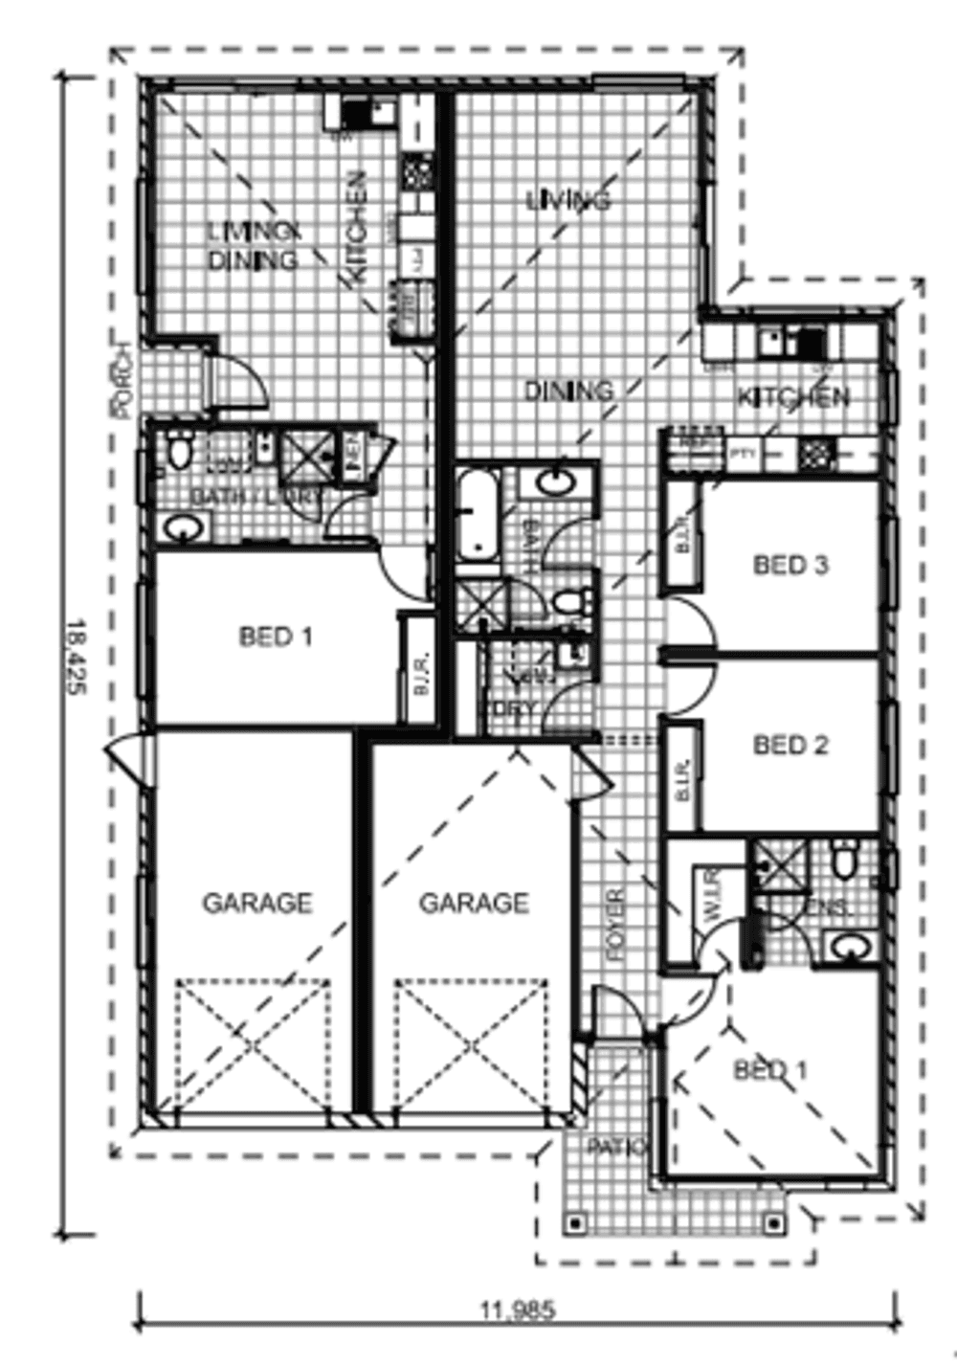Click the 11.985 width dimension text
point(517,1309)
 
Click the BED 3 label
point(790,565)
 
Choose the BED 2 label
point(790,745)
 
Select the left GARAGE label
point(256,903)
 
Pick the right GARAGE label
point(474,903)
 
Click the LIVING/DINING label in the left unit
point(254,246)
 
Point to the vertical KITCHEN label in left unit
point(356,227)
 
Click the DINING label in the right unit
point(568,391)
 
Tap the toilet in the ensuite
point(844,861)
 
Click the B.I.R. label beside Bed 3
point(683,535)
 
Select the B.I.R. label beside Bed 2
point(683,777)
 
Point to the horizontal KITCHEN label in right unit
point(793,396)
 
